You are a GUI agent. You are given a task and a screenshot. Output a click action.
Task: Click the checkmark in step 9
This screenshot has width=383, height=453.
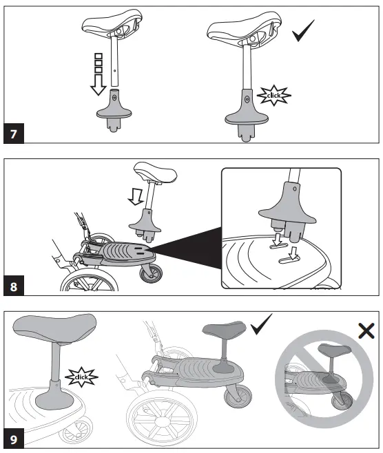click(x=262, y=325)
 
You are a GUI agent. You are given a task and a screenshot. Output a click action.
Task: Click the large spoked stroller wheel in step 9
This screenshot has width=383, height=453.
click(x=164, y=417)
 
